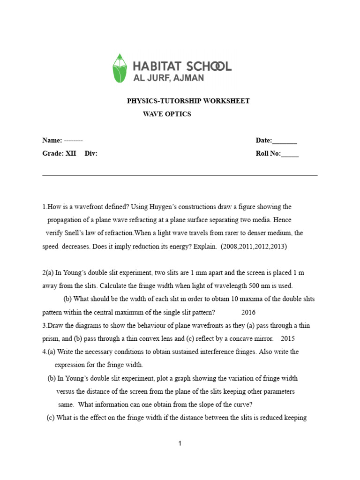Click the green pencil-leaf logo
tap(120, 68)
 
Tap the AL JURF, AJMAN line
tap(169, 78)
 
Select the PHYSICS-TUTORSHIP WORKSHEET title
tap(188, 101)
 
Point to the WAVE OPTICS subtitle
tap(167, 114)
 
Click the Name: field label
tap(52, 140)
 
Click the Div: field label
tap(91, 154)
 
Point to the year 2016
tap(248, 312)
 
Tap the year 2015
tap(288, 338)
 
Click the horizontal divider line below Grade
tap(180, 176)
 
